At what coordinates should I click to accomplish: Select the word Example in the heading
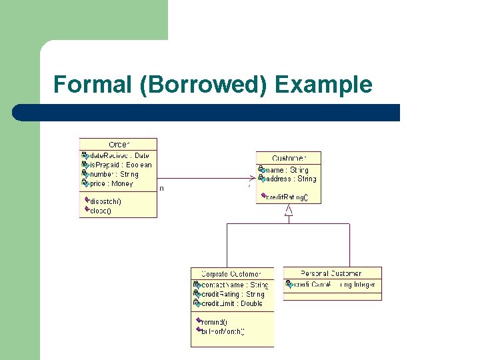point(323,85)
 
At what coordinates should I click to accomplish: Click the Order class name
point(119,144)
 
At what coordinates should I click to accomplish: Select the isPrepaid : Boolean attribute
point(121,165)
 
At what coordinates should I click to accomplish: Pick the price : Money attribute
point(111,183)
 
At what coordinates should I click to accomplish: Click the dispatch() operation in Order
point(105,201)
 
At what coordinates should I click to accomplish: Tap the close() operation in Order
point(101,210)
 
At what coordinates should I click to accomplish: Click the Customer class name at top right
point(289,158)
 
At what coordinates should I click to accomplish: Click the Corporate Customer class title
point(232,273)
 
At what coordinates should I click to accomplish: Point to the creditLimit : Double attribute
point(232,303)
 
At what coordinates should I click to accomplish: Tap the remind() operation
point(214,322)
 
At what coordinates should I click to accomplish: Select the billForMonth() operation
point(223,331)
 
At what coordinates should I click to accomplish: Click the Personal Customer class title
point(331,273)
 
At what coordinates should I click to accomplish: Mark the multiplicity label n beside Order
point(161,188)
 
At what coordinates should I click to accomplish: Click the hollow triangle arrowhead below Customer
point(289,211)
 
